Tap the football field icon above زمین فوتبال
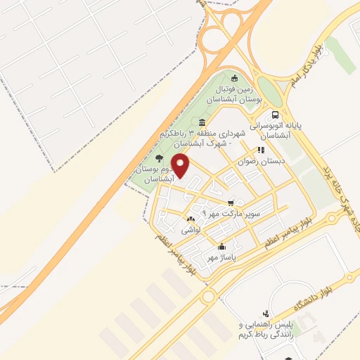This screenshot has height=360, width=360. (x=235, y=78)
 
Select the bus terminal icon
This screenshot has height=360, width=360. (x=275, y=115)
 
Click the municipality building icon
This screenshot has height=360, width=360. (x=202, y=124)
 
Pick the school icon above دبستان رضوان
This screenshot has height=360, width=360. (x=261, y=150)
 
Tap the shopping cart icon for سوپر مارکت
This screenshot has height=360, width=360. (x=231, y=202)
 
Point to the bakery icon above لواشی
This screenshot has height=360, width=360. (x=191, y=220)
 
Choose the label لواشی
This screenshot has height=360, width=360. (x=191, y=231)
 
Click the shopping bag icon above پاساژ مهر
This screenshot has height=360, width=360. (x=222, y=247)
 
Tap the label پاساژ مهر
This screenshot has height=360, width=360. (x=221, y=258)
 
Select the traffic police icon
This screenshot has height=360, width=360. (x=265, y=314)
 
